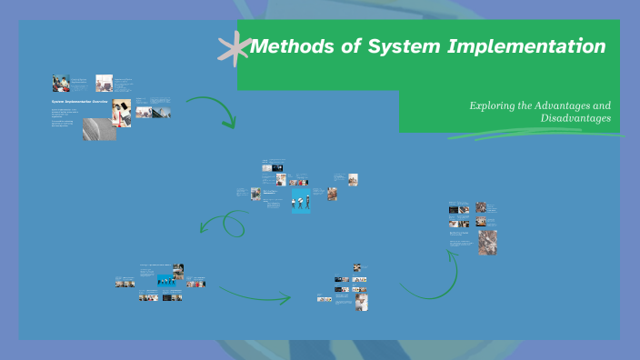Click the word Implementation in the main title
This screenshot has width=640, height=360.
pos(526,45)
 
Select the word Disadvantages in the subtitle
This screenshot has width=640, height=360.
pos(575,118)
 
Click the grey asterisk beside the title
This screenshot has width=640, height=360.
pos(235,45)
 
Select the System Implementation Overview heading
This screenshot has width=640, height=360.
pos(80,102)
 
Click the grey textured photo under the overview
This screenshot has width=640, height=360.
pos(98,130)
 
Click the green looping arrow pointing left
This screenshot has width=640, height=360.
pos(226,223)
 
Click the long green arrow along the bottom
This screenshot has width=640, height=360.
pos(255,293)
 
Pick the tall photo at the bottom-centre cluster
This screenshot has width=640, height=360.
pos(362,302)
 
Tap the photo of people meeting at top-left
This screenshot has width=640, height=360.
pos(61,83)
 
